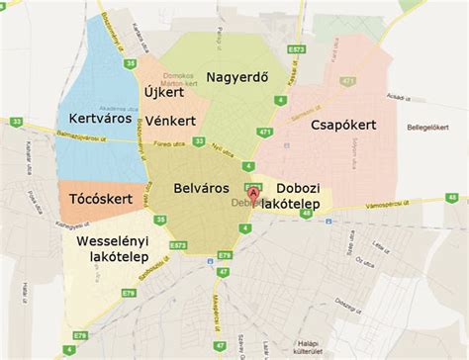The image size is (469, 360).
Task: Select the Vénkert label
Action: coord(170,121)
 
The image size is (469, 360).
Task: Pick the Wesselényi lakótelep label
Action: coord(110,248)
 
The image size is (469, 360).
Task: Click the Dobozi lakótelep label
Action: coord(305,195)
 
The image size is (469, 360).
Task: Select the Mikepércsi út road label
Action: coord(217,302)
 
